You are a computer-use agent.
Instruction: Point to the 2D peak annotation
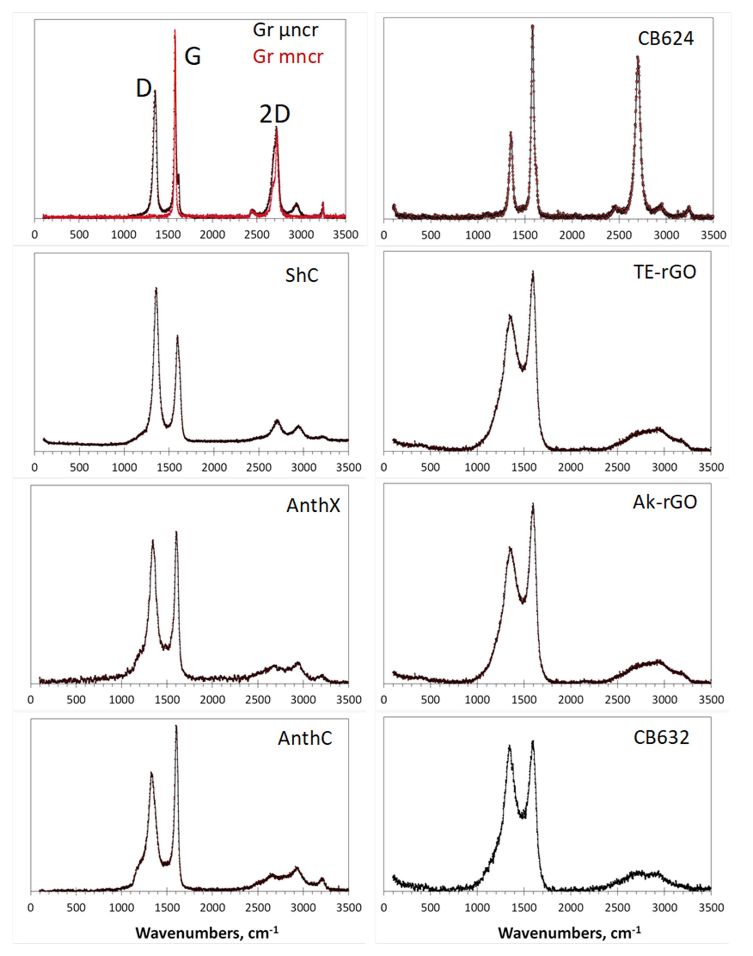(x=275, y=115)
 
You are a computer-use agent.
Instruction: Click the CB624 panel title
(x=665, y=39)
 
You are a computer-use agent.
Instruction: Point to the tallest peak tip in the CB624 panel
(x=532, y=26)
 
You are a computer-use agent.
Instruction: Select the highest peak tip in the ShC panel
(x=156, y=288)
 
